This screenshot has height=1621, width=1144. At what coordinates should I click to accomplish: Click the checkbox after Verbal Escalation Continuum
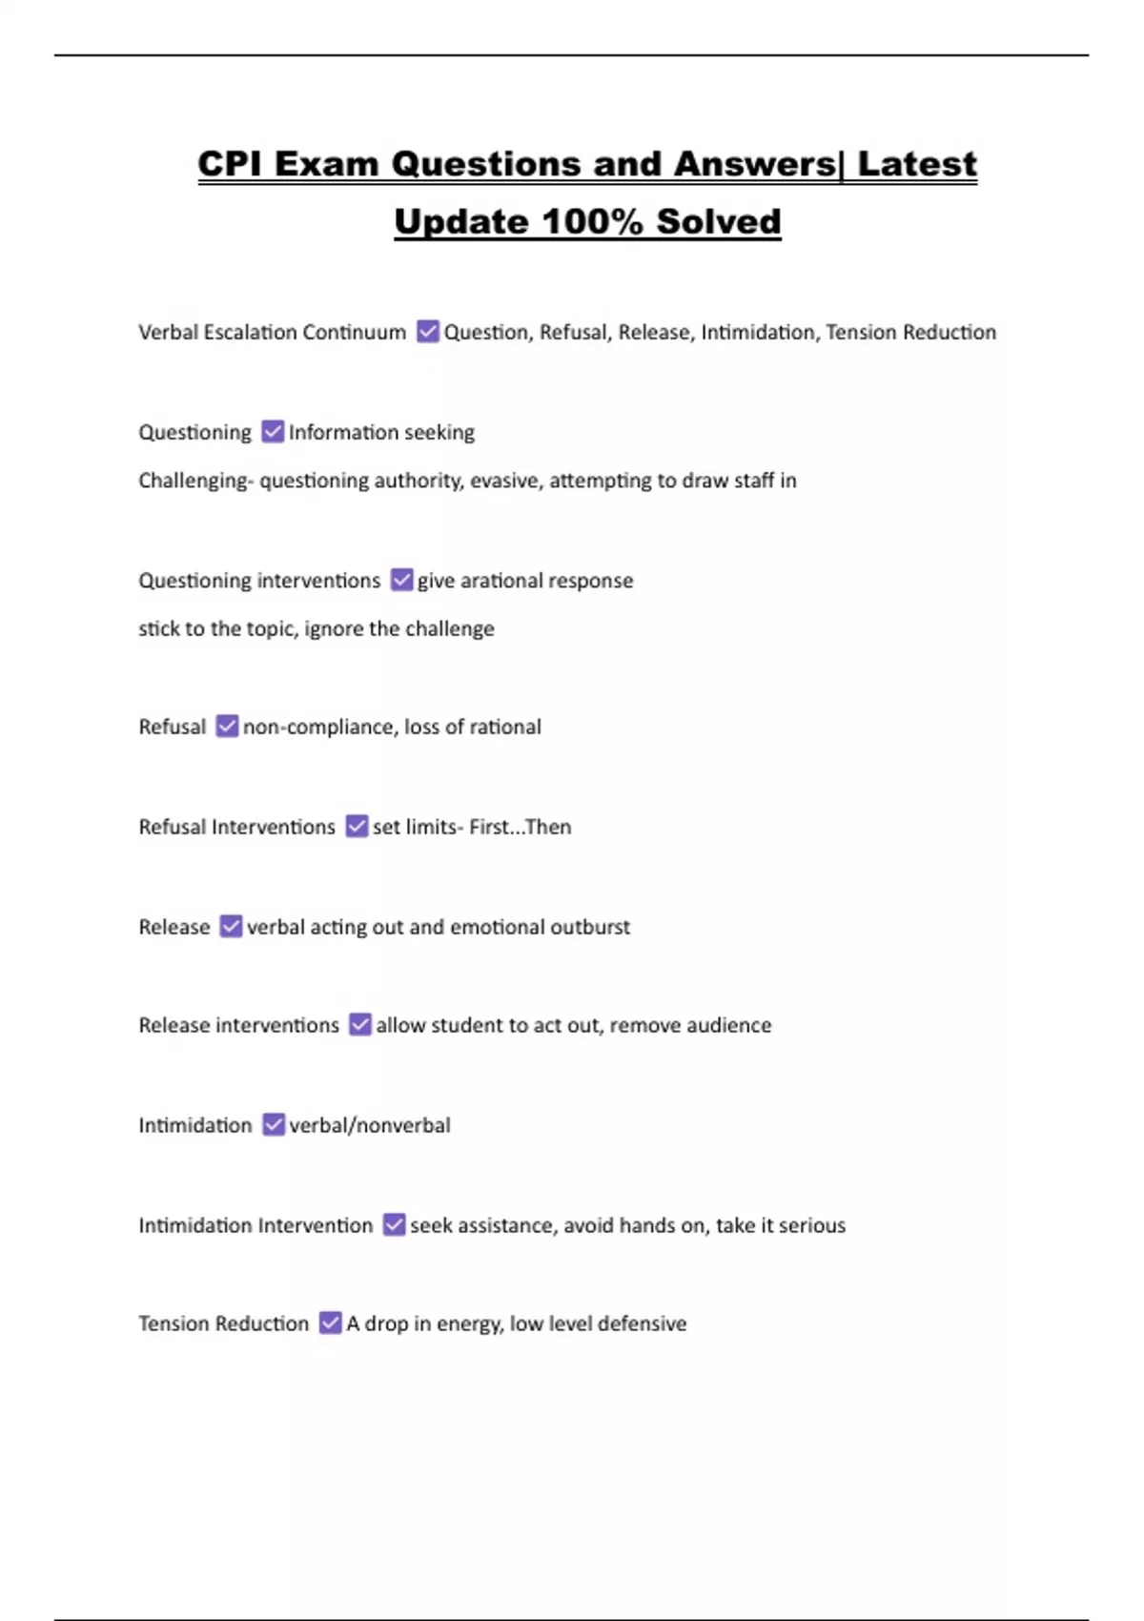428,332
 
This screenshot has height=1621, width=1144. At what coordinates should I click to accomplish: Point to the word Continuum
355,333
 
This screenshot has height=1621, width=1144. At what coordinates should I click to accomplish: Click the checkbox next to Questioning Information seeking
273,432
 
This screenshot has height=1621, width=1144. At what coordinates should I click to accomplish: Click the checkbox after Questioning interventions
402,580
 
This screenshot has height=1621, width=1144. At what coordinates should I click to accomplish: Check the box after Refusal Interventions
357,826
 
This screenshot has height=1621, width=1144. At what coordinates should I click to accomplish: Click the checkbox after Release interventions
360,1025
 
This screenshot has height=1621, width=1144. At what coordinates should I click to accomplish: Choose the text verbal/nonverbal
370,1126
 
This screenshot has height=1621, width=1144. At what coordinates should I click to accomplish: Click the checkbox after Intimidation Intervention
394,1224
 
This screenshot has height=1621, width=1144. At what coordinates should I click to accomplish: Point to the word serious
811,1225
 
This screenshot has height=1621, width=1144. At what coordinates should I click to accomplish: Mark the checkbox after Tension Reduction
330,1323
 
